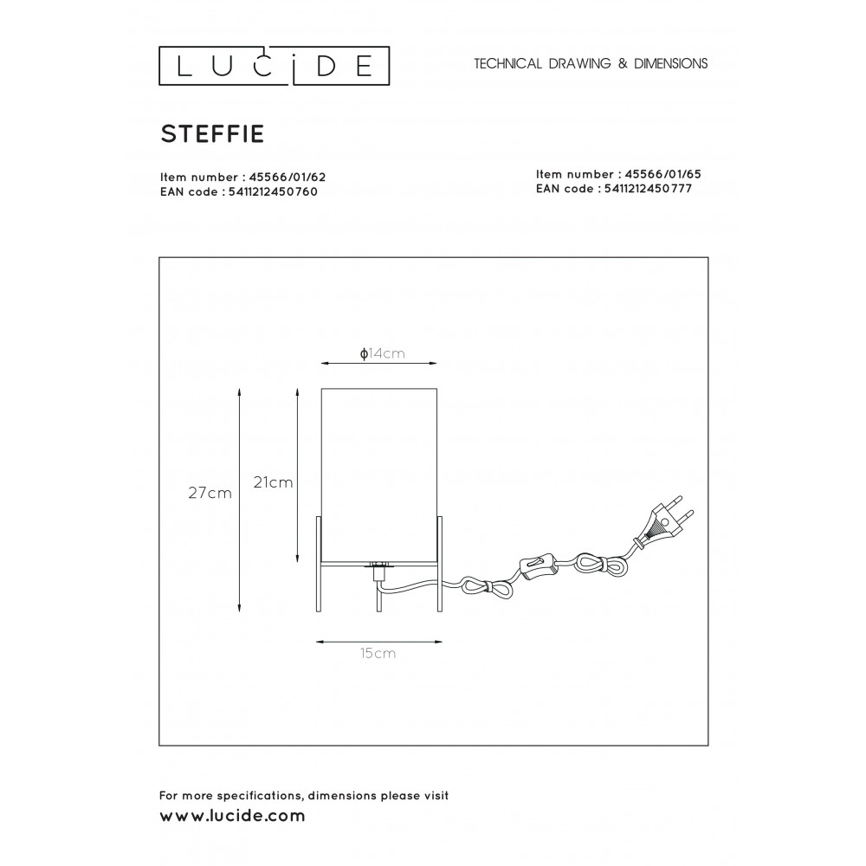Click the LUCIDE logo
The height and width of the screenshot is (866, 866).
(x=274, y=66)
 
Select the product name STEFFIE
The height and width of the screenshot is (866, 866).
(x=213, y=133)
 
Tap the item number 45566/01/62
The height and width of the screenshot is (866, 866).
(x=288, y=178)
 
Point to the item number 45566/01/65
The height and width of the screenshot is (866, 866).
(x=662, y=174)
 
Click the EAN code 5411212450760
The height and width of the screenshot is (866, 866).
(x=273, y=191)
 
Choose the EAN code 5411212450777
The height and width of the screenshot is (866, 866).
(x=648, y=188)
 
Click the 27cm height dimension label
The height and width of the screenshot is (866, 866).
(x=210, y=493)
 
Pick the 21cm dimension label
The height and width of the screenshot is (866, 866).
(x=273, y=482)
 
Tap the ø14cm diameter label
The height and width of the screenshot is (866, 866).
(x=382, y=353)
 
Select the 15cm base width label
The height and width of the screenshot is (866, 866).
(x=378, y=653)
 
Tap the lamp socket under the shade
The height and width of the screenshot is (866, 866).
(x=378, y=571)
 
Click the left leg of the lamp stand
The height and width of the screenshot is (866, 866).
(x=319, y=564)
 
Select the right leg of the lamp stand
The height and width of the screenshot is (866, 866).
(x=440, y=564)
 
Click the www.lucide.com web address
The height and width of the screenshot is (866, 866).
(x=232, y=816)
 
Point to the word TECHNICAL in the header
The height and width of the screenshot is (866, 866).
(x=508, y=63)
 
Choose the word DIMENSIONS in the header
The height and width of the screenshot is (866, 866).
(x=670, y=63)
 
